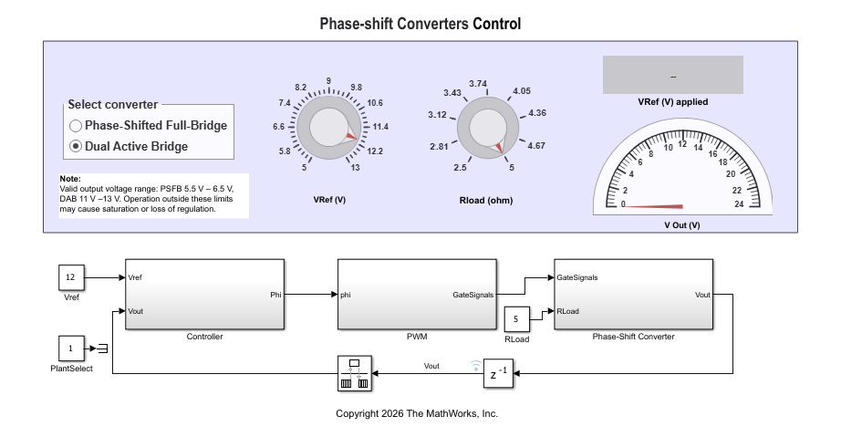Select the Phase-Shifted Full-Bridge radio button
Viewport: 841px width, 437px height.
(x=76, y=126)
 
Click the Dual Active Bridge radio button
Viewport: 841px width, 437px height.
(x=76, y=146)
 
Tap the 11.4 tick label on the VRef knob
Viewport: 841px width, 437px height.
(x=380, y=127)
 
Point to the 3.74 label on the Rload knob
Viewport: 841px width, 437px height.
(x=478, y=84)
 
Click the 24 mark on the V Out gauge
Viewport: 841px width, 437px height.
(x=739, y=203)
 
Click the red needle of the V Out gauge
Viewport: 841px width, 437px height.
(x=653, y=206)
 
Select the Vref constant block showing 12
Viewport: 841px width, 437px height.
(x=71, y=277)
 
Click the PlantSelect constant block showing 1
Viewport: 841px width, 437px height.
(x=71, y=349)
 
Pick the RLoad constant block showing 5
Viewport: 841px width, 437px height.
(x=516, y=319)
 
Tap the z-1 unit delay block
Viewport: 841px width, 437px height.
(x=498, y=373)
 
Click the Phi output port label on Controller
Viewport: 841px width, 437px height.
(x=275, y=295)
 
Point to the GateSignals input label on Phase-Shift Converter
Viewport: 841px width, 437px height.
(x=577, y=277)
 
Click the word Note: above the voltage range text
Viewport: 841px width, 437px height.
(x=70, y=179)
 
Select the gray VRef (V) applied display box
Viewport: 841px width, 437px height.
(x=672, y=75)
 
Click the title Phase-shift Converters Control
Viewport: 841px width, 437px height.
(x=420, y=24)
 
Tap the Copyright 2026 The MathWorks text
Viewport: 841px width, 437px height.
(x=417, y=413)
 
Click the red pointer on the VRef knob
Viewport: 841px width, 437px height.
(x=351, y=136)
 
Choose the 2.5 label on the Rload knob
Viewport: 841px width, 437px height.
(x=460, y=167)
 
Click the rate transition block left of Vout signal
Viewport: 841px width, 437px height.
(x=355, y=373)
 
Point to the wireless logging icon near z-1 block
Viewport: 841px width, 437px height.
(x=476, y=366)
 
